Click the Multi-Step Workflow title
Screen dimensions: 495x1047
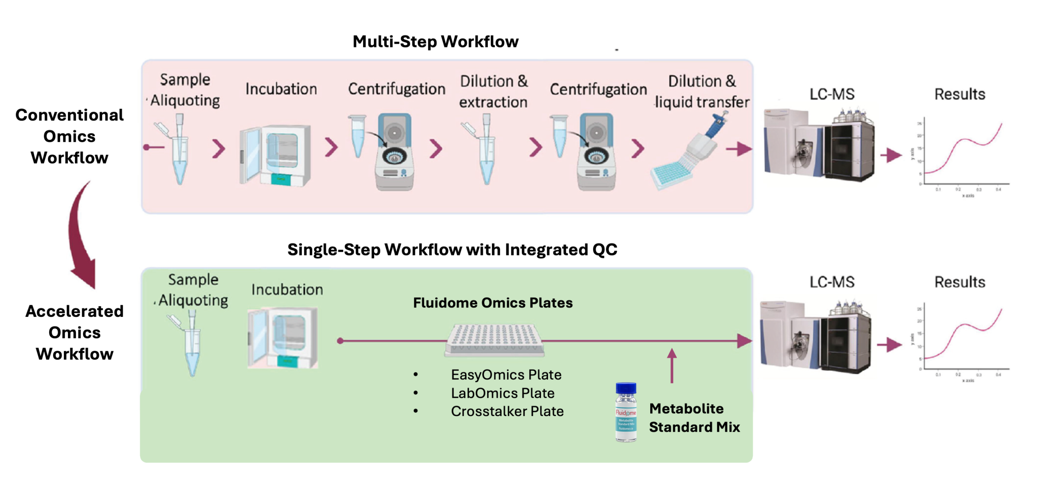coord(435,42)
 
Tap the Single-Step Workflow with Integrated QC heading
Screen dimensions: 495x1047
coord(452,250)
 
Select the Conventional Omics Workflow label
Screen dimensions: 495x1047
coord(70,136)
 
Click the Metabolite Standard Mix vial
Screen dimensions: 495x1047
coord(626,412)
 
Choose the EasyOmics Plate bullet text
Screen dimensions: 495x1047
coord(506,375)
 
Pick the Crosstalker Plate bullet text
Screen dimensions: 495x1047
coord(507,411)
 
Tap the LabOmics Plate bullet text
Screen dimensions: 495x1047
coord(503,393)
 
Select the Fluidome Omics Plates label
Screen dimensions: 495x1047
coord(492,303)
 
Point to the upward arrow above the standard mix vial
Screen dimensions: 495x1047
coord(672,365)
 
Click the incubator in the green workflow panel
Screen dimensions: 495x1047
coord(283,338)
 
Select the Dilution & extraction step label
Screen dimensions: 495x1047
coord(493,92)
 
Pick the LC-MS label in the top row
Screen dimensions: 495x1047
coord(832,94)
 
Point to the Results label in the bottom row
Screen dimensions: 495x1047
coord(959,282)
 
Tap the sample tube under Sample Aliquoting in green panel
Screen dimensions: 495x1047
coord(191,345)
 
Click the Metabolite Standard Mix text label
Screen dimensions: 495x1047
coord(694,418)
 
